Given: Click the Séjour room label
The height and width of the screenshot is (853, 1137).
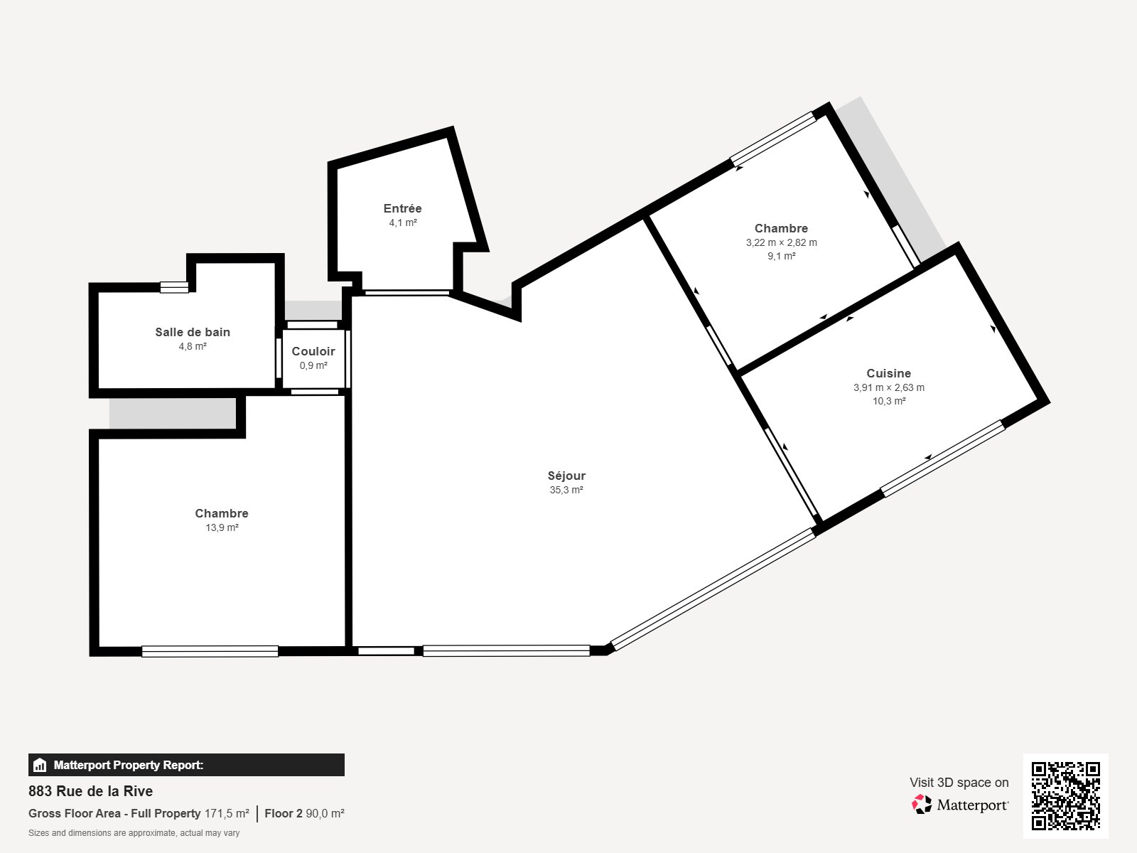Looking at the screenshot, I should click(x=566, y=476).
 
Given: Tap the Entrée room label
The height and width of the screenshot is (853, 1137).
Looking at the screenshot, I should click(x=402, y=208).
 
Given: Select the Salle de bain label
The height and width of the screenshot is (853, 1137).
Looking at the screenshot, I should click(x=193, y=332).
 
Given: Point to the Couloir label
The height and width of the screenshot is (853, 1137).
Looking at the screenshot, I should click(x=313, y=351).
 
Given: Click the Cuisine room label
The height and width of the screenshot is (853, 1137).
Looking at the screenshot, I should click(x=888, y=373).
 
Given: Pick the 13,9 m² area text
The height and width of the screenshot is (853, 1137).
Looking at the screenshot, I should click(x=222, y=527).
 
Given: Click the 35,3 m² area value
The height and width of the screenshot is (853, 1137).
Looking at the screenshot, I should click(x=566, y=490).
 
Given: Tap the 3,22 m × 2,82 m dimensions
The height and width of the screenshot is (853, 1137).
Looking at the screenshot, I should click(x=781, y=242).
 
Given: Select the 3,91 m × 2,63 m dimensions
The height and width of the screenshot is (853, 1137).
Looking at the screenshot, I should click(x=888, y=387).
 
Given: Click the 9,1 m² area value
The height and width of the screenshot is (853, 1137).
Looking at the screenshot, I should click(x=781, y=256).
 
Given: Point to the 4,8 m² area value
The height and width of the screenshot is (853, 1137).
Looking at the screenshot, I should click(x=193, y=346).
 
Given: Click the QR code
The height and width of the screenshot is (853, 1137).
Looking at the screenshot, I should click(x=1065, y=795).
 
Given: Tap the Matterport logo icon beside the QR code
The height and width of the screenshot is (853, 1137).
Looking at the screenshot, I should click(x=922, y=804).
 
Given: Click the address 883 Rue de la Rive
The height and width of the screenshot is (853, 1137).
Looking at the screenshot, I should click(x=90, y=791).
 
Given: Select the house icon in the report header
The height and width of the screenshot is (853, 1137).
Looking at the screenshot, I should click(x=40, y=766).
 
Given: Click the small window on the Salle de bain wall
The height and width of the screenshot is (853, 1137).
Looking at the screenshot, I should click(x=174, y=287).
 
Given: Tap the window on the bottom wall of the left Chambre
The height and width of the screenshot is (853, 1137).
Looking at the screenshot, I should click(x=210, y=650).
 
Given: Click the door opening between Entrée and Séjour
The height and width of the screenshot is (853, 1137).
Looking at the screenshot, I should click(x=407, y=292).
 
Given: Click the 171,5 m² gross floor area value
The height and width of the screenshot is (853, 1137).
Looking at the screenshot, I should click(x=227, y=813).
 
